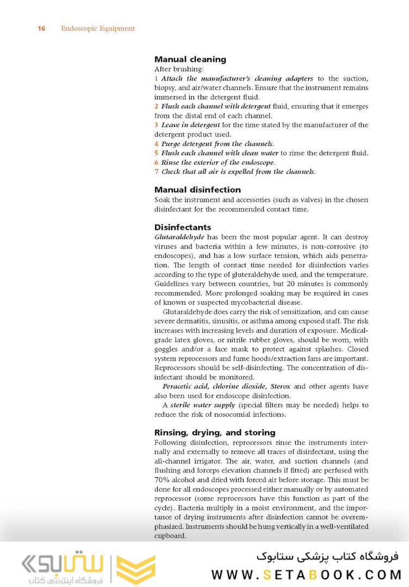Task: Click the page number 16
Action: pos(41,28)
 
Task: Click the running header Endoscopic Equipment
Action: pos(98,28)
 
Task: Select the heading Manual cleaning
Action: pos(190,59)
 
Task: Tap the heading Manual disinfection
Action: pos(197,190)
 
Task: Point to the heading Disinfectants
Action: pos(183,227)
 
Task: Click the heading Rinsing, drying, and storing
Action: pos(215,432)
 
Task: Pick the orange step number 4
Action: pos(156,144)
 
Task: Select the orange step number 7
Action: pos(156,171)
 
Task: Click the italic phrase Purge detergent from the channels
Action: pos(218,144)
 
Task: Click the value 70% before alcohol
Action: pos(163,480)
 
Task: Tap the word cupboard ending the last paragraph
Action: pos(170,535)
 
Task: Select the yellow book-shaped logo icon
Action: pos(135,569)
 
